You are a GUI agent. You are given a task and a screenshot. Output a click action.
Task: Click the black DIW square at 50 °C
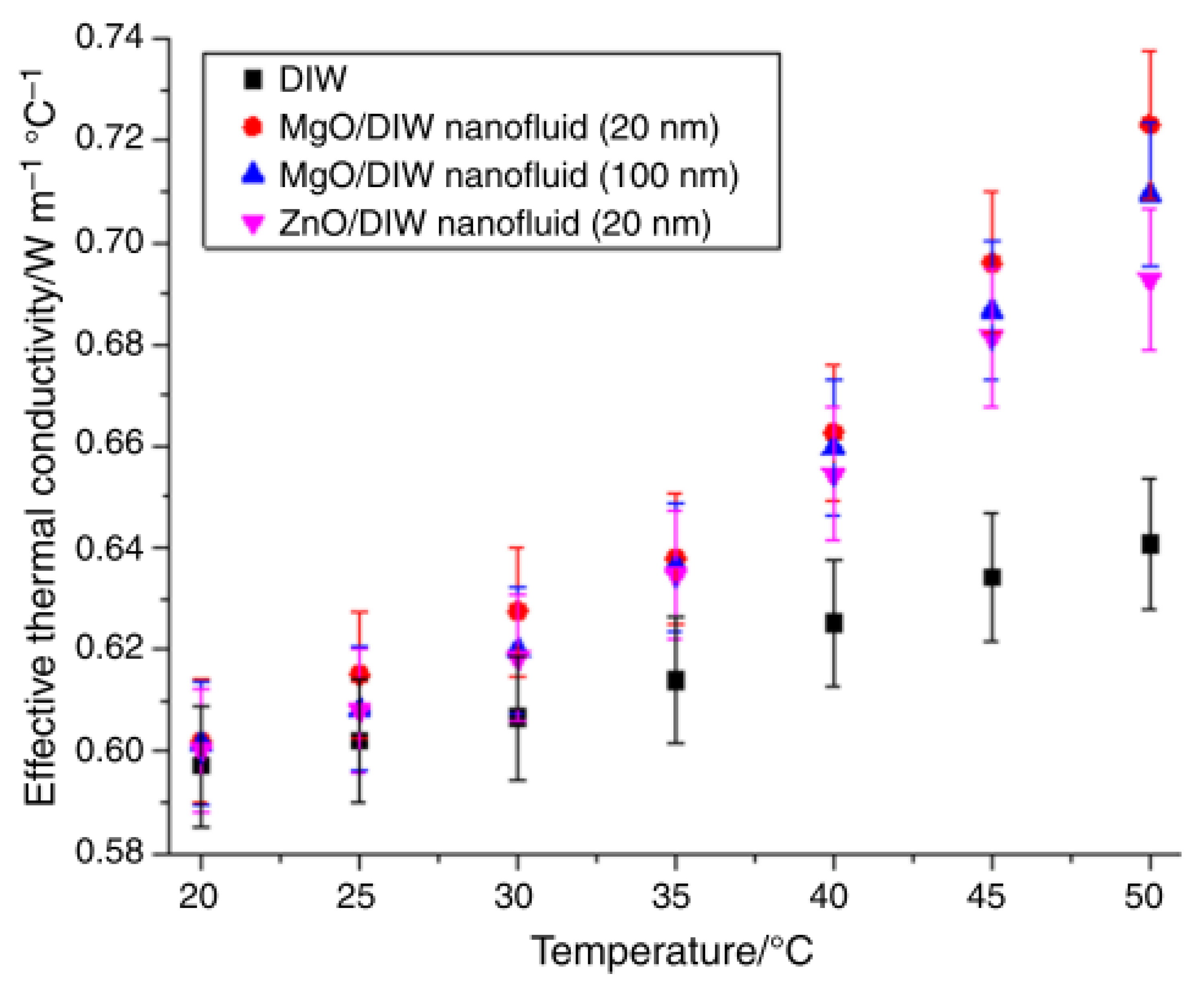pos(1150,545)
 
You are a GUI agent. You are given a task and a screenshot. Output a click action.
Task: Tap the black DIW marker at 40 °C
pos(834,624)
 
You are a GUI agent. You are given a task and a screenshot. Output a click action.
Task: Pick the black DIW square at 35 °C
pos(675,681)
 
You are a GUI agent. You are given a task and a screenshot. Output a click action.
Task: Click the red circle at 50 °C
pos(1150,125)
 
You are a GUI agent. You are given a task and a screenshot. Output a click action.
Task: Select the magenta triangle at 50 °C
pos(1150,280)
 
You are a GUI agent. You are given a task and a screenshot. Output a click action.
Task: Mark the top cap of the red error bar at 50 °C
pos(1150,51)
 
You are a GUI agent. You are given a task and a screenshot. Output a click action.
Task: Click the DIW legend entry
pos(312,79)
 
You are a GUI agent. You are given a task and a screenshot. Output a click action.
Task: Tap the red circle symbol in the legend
pos(253,127)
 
